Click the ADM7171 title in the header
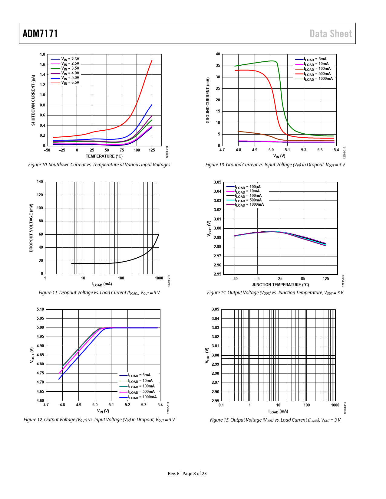(x=40, y=34)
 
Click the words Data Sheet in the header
(x=331, y=34)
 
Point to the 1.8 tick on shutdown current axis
(x=42, y=54)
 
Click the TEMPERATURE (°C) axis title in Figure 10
(x=104, y=156)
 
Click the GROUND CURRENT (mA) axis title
(x=208, y=100)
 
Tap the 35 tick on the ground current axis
(x=218, y=66)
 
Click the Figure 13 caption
(x=275, y=165)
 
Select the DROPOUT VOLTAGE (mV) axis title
(x=31, y=228)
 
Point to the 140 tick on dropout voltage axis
(x=40, y=182)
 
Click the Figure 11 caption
(x=99, y=293)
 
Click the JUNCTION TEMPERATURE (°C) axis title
(x=280, y=285)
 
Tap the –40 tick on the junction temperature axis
(x=234, y=279)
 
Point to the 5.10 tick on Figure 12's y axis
(x=40, y=309)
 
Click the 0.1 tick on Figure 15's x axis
(x=221, y=405)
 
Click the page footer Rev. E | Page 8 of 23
(x=187, y=474)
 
